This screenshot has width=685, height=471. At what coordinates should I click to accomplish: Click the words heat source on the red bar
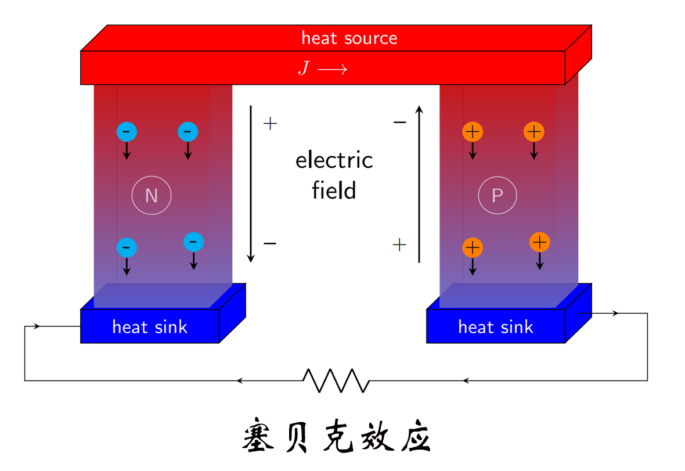[x=349, y=38]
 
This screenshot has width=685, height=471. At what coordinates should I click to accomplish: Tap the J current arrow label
[x=322, y=69]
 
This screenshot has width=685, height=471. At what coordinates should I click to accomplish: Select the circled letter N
[x=152, y=196]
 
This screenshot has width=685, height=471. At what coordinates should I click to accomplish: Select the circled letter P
[x=497, y=196]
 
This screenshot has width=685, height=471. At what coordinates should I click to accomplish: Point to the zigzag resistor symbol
[x=336, y=380]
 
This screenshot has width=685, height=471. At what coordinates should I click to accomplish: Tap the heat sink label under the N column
[x=150, y=327]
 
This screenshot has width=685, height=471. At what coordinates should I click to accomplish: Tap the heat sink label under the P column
[x=495, y=327]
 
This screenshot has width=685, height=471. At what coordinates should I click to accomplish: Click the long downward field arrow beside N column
[x=251, y=183]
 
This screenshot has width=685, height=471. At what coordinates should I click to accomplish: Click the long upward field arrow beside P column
[x=419, y=183]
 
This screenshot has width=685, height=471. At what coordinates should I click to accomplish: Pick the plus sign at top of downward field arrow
[x=270, y=123]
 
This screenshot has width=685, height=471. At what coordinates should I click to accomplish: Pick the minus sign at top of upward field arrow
[x=399, y=123]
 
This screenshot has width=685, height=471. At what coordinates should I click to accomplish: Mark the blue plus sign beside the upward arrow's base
[x=399, y=245]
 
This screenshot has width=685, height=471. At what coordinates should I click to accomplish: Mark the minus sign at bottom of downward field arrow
[x=270, y=243]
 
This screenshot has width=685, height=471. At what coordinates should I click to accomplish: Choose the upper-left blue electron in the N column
[x=127, y=132]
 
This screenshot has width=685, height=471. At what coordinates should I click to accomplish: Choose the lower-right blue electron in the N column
[x=193, y=242]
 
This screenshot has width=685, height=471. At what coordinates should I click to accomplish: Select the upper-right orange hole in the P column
[x=533, y=132]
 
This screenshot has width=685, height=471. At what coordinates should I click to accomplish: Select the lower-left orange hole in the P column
[x=473, y=248]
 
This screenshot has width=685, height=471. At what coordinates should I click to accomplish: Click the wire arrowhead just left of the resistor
[x=239, y=380]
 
